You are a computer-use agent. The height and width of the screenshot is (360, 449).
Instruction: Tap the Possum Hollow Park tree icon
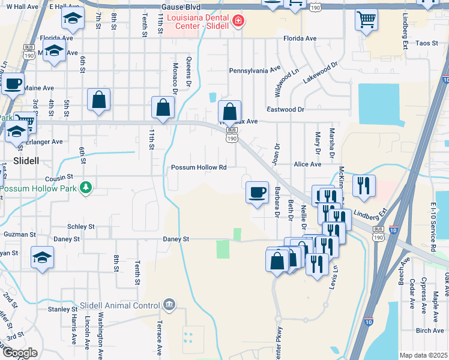point(86,188)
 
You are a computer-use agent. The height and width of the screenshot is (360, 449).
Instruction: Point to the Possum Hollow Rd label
point(199,167)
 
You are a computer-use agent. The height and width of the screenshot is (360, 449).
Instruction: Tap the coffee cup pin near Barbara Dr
point(258,193)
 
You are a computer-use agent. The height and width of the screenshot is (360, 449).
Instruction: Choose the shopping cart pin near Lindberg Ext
point(366,20)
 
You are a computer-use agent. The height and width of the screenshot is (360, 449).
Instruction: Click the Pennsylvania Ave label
point(255,70)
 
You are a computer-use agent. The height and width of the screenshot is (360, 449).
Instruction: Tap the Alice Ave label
point(307,164)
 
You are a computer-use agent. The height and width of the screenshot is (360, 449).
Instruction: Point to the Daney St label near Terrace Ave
point(176,239)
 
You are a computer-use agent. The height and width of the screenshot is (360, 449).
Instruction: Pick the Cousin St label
point(58,178)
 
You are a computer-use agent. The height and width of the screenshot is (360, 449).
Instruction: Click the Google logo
point(20,353)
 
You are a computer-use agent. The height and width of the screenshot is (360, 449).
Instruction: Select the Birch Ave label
point(429,331)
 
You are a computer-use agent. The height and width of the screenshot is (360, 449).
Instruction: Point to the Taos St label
point(427,44)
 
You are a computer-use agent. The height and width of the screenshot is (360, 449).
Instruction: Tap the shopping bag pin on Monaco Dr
point(163,107)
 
